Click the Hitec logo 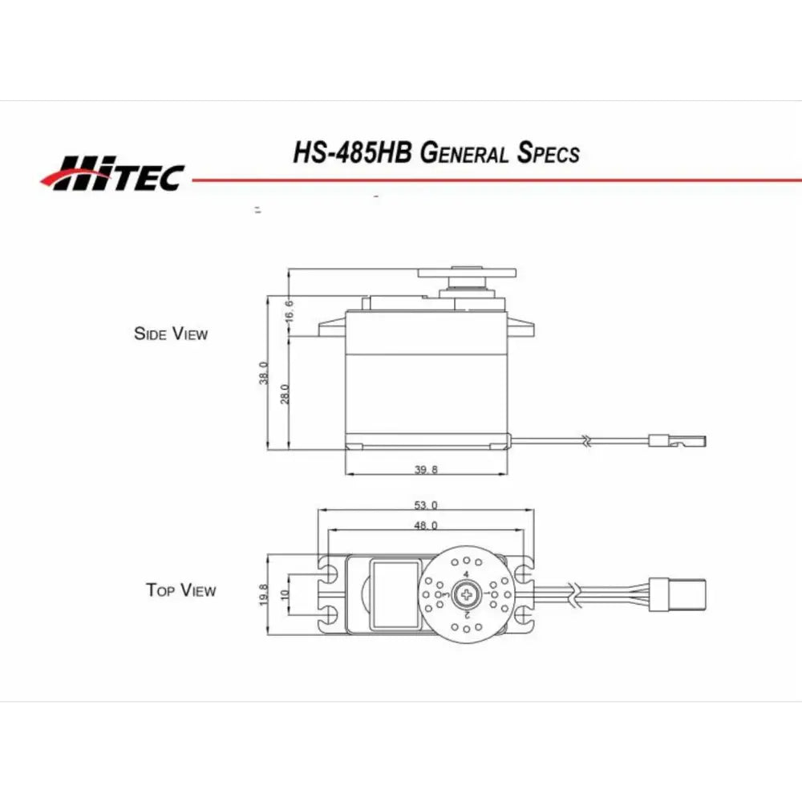tap(112, 173)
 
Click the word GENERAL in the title tap(464, 153)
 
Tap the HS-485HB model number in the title tap(352, 152)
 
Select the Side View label tap(171, 334)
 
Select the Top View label tap(180, 589)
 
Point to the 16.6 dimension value tap(289, 311)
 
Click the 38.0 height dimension tap(263, 373)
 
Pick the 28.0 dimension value tap(285, 395)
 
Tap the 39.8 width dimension tap(426, 469)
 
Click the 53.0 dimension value tap(426, 504)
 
